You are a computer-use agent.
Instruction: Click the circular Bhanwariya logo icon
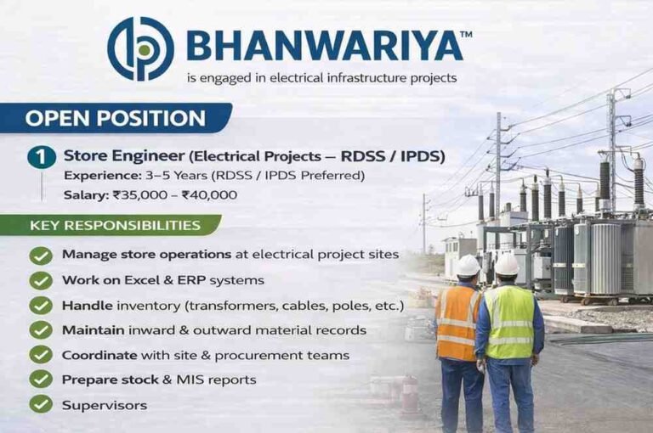(140, 49)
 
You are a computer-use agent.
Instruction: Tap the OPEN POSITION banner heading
(115, 118)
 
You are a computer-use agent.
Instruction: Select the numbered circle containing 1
(41, 157)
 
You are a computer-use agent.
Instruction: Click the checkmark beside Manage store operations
(41, 255)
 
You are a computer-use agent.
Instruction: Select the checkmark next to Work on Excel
(41, 279)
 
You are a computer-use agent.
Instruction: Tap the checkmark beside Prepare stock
(41, 379)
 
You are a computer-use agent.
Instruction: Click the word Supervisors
(104, 405)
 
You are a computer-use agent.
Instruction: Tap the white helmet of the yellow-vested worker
(507, 265)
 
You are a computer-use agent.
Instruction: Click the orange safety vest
(457, 323)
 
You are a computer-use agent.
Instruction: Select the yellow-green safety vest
(510, 323)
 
